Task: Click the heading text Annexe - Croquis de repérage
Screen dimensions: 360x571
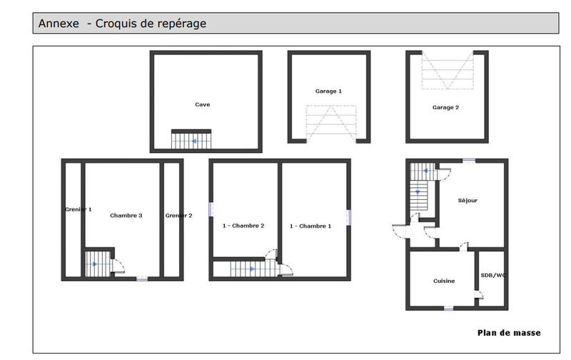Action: pyautogui.click(x=122, y=24)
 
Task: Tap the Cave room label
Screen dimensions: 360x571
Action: pyautogui.click(x=203, y=104)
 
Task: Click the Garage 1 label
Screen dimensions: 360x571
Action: pyautogui.click(x=328, y=91)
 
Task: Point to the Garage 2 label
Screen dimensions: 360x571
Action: pyautogui.click(x=445, y=107)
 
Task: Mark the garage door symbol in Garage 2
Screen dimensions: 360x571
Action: pyautogui.click(x=448, y=70)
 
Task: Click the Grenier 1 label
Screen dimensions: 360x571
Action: pyautogui.click(x=78, y=209)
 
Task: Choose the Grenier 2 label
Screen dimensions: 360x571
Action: pyautogui.click(x=178, y=215)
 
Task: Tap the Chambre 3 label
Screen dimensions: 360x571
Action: pyautogui.click(x=126, y=215)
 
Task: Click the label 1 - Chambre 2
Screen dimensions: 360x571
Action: pyautogui.click(x=243, y=226)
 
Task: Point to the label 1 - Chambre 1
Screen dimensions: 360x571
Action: pyautogui.click(x=310, y=226)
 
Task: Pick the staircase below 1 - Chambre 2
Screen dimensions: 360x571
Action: pyautogui.click(x=246, y=269)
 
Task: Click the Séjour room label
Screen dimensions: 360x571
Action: pyautogui.click(x=468, y=201)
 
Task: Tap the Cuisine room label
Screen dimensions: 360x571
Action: pyautogui.click(x=444, y=281)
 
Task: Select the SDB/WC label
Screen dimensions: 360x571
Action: pyautogui.click(x=492, y=274)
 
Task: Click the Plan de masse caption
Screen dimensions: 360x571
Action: pyautogui.click(x=508, y=333)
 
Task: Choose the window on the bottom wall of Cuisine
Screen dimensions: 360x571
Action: pyautogui.click(x=448, y=309)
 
